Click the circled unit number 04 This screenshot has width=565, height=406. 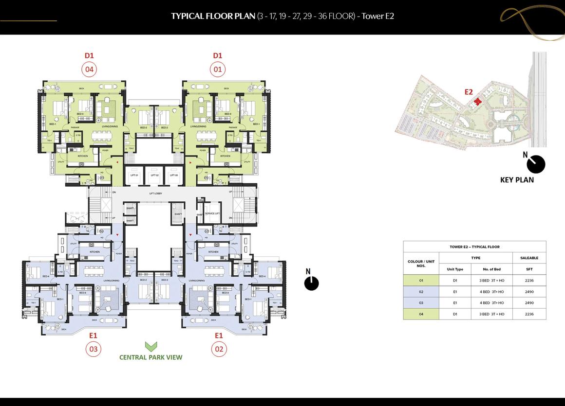click(x=89, y=70)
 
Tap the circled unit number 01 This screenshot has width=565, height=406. click(x=217, y=70)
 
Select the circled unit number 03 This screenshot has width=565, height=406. click(x=93, y=349)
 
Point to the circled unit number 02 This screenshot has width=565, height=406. click(x=219, y=349)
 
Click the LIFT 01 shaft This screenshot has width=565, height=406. click(x=134, y=176)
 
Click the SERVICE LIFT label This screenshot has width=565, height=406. click(x=212, y=214)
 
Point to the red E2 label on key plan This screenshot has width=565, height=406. click(x=469, y=91)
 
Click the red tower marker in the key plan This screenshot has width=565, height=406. click(x=478, y=102)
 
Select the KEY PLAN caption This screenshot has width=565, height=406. click(x=517, y=180)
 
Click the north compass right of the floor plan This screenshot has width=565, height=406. click(x=311, y=283)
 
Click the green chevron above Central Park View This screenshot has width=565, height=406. click(x=151, y=346)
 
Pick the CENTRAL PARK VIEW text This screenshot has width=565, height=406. click(x=151, y=357)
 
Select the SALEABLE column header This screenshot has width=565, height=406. click(x=529, y=258)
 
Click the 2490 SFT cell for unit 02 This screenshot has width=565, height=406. click(x=529, y=292)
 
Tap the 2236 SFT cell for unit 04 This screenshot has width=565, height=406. click(x=529, y=314)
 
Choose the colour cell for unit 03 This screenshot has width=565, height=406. click(x=421, y=303)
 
